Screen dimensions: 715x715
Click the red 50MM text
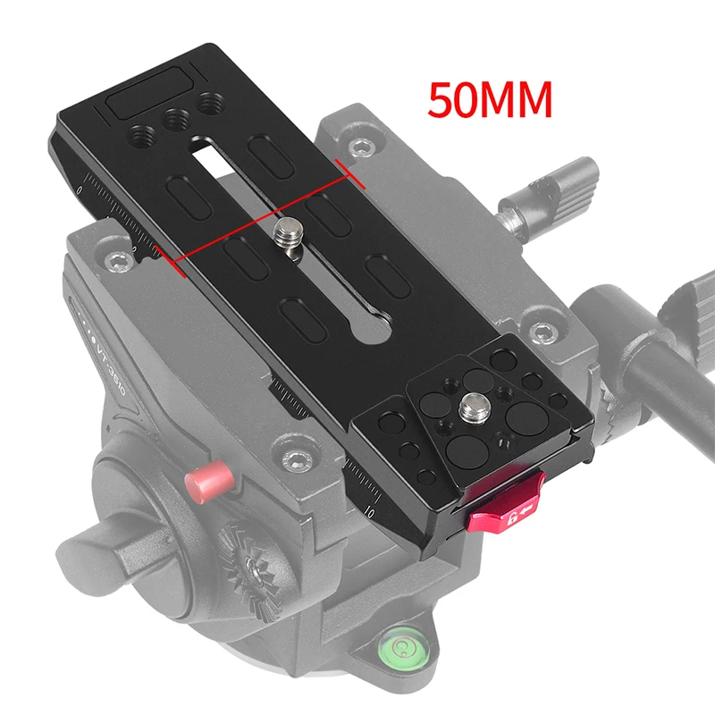489,101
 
